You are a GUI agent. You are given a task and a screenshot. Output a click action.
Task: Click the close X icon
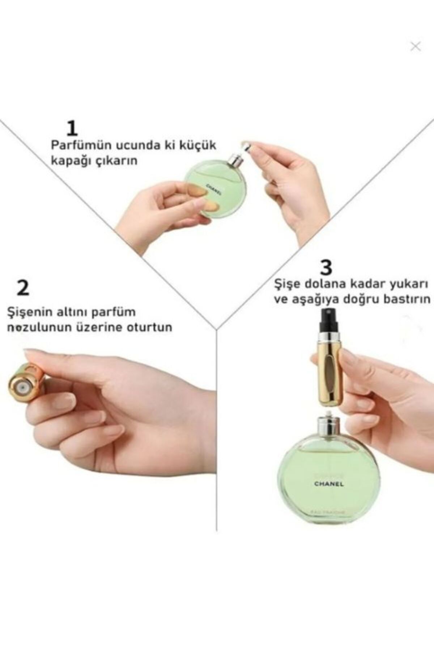(x=416, y=46)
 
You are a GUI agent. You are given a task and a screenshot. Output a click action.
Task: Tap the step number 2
(x=23, y=288)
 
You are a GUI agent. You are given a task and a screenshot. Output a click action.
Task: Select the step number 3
(x=326, y=268)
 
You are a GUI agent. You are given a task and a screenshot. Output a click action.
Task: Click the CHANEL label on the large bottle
(x=329, y=484)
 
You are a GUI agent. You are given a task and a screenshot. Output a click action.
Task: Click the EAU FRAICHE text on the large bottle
(x=328, y=512)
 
